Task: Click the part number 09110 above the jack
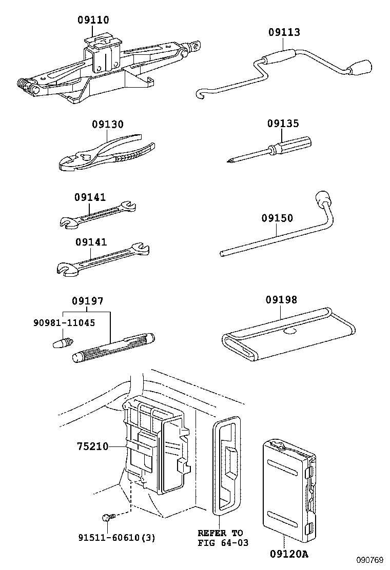point(93,19)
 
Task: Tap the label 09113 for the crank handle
point(284,32)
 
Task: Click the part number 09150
point(277,218)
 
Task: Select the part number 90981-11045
point(64,322)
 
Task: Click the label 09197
point(87,301)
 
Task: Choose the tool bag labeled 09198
point(288,334)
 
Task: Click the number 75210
point(93,446)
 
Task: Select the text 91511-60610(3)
point(117,537)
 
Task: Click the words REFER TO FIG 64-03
point(223,538)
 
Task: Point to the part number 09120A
point(289,554)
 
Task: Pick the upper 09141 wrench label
point(90,197)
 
